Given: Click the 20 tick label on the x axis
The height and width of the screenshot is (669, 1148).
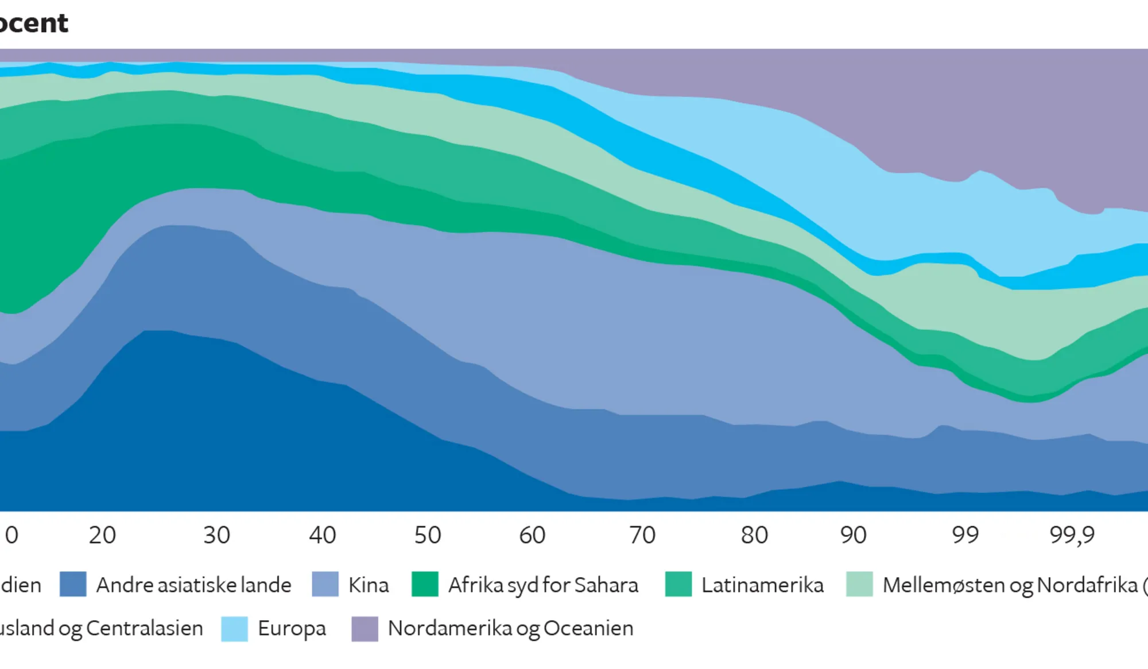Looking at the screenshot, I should pos(102,535).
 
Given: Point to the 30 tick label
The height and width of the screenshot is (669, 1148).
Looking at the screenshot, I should pos(216,535).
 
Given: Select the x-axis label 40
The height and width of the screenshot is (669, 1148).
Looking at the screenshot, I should pos(322,535).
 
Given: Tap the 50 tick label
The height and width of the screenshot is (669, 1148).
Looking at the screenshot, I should pos(428,535).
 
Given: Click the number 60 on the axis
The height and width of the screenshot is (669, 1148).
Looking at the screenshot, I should pos(532,535).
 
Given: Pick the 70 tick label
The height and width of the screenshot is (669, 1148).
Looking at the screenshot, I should pos(642,535).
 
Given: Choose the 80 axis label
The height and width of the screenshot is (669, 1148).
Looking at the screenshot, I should pos(754,535).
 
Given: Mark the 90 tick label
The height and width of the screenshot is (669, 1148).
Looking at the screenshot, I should pos(853,535).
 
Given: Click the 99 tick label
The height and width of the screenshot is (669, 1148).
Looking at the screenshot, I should pos(965,535).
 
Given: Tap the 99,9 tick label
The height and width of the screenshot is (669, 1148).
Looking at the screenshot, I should pos(1072,535).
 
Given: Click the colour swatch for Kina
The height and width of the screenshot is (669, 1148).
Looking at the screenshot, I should pos(325,585).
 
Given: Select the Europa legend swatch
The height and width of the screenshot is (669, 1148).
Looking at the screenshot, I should pos(234,628).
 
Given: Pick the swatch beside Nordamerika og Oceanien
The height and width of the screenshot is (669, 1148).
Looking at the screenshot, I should pos(364,628).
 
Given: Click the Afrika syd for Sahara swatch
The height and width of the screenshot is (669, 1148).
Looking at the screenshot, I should pos(425,585).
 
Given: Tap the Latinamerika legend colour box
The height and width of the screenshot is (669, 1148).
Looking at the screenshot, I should pos(678,585).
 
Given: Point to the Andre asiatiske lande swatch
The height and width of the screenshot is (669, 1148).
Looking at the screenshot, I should pos(73,585).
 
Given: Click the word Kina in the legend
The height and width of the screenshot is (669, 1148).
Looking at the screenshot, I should pos(369,585).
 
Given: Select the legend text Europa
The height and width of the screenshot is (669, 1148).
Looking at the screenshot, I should pos(292,629).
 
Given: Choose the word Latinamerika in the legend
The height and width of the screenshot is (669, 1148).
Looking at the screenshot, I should pos(762,585).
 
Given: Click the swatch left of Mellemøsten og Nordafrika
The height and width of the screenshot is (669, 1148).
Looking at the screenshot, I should pos(859,585).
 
